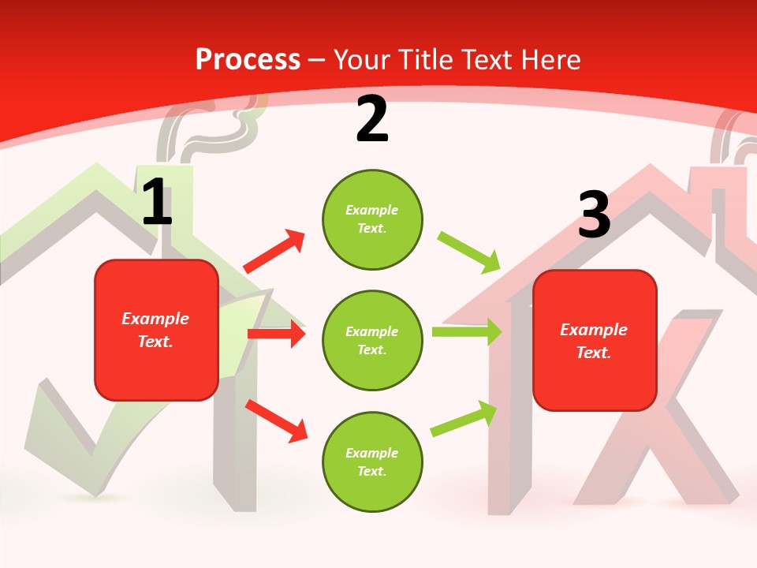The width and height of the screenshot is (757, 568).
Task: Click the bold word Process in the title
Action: click(x=248, y=59)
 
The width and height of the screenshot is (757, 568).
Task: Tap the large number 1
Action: click(x=157, y=203)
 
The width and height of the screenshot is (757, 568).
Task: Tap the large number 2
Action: click(x=372, y=120)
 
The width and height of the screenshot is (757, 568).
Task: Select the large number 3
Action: click(x=594, y=215)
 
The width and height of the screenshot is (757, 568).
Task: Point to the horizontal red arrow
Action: click(x=276, y=334)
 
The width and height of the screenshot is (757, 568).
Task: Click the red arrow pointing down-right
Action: click(x=276, y=420)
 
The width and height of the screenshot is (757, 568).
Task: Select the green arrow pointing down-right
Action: click(x=469, y=251)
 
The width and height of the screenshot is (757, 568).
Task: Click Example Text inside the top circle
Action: click(x=372, y=219)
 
